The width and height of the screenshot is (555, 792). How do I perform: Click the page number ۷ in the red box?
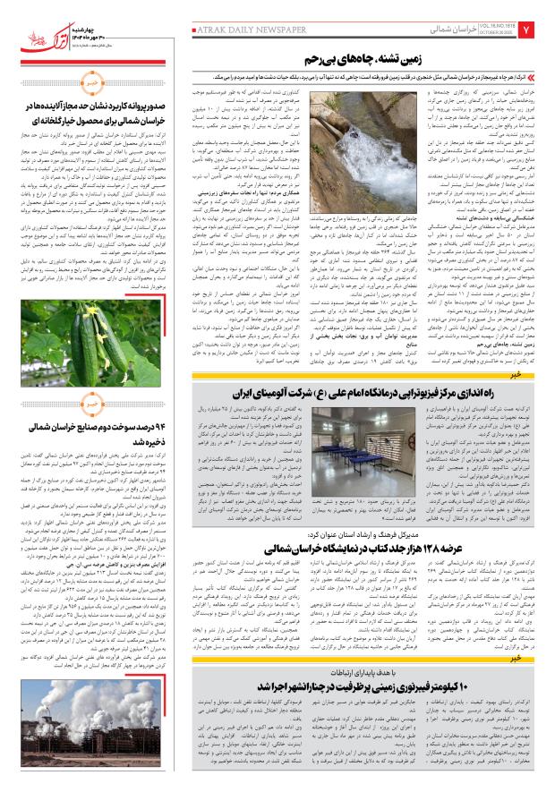pyautogui.click(x=539, y=31)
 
